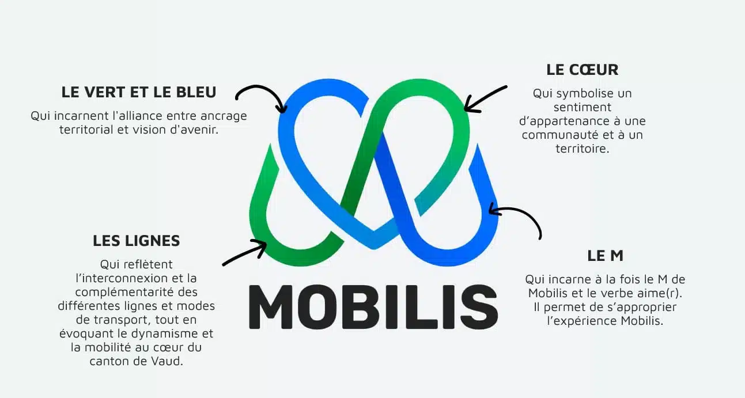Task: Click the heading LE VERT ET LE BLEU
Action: point(139,92)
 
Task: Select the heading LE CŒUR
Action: point(583,70)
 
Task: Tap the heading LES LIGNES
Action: point(137,241)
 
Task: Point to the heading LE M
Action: point(606,256)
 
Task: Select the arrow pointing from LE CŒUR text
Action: point(485,98)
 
